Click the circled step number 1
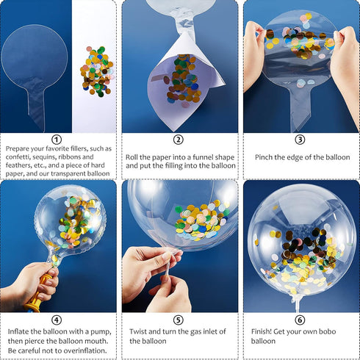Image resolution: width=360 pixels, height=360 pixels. point(57,140)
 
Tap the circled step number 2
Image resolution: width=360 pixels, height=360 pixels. point(179,140)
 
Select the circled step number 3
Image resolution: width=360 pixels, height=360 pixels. point(300,140)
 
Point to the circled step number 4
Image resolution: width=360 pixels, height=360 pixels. point(57,320)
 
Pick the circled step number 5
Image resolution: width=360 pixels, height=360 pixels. point(179,320)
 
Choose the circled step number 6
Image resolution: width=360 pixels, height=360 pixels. point(300,320)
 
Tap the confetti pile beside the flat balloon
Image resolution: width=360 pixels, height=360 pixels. point(96,71)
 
